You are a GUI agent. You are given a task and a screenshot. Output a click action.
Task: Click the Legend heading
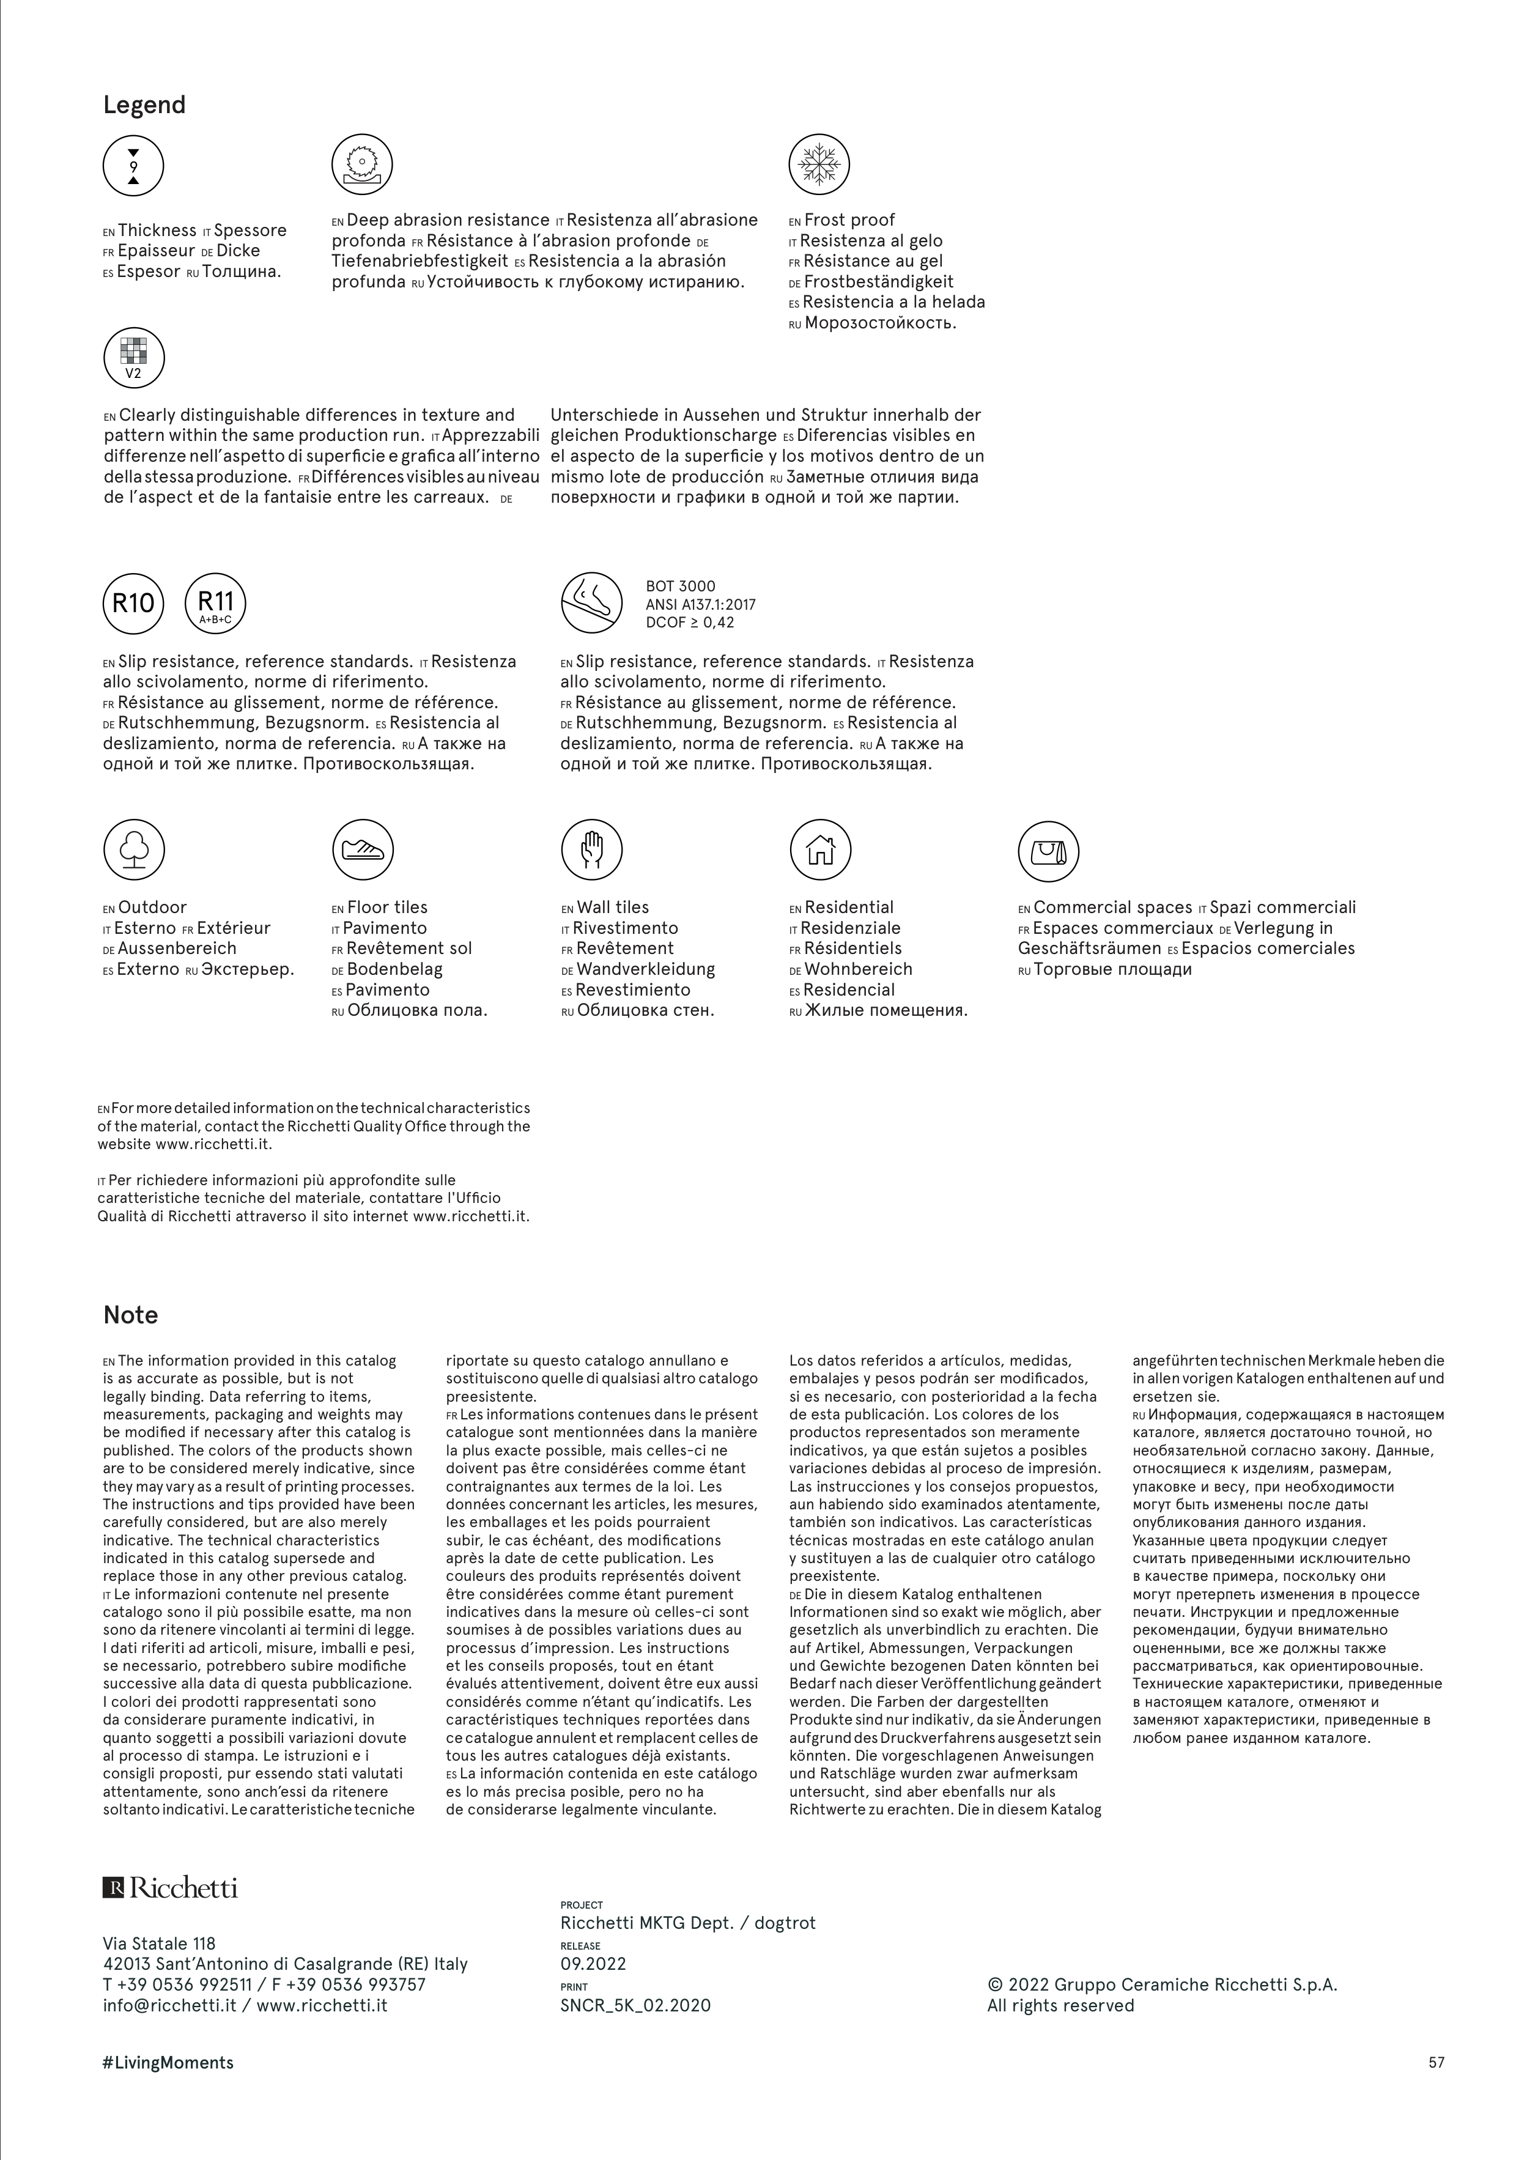(144, 105)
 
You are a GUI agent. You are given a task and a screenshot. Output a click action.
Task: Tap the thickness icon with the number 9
(133, 166)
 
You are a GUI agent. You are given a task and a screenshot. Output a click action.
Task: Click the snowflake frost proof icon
(819, 165)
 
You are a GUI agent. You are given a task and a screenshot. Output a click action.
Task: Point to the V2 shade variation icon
(133, 358)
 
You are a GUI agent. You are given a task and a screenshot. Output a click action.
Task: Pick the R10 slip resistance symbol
(133, 603)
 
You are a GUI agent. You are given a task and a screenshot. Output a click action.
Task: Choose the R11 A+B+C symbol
(215, 603)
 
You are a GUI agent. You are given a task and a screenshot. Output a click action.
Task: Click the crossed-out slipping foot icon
(591, 603)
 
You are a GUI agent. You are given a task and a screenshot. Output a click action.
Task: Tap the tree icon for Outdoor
(133, 849)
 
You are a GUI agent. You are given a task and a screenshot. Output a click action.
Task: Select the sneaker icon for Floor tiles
(362, 849)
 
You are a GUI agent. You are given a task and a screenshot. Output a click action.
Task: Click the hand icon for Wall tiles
(591, 849)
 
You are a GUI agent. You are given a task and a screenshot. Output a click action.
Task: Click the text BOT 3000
(680, 586)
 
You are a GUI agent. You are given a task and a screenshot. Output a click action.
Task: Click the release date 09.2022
(593, 1963)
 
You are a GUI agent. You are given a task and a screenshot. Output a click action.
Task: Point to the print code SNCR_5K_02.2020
(635, 2005)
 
